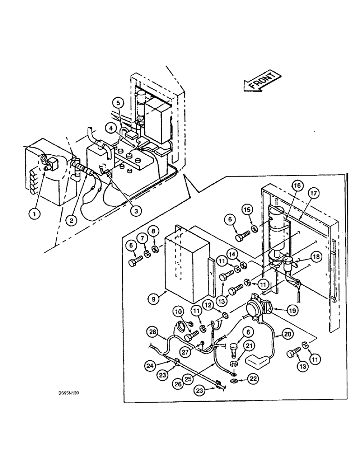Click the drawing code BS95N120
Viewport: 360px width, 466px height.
pos(66,393)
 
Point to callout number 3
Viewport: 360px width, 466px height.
pos(122,211)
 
